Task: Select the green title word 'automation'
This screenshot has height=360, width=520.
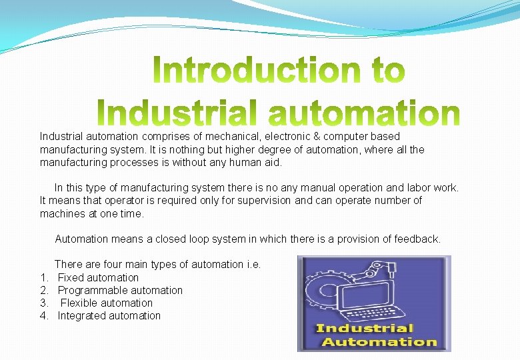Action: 363,114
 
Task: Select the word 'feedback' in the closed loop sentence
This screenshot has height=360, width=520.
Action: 417,239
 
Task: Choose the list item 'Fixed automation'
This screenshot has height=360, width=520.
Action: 98,277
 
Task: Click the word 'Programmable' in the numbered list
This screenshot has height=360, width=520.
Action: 89,290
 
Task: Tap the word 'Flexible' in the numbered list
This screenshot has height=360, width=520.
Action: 80,303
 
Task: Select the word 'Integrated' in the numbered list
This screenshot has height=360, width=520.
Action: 81,315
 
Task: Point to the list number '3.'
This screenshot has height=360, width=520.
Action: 44,303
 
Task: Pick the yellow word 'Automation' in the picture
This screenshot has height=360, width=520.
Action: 379,342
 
